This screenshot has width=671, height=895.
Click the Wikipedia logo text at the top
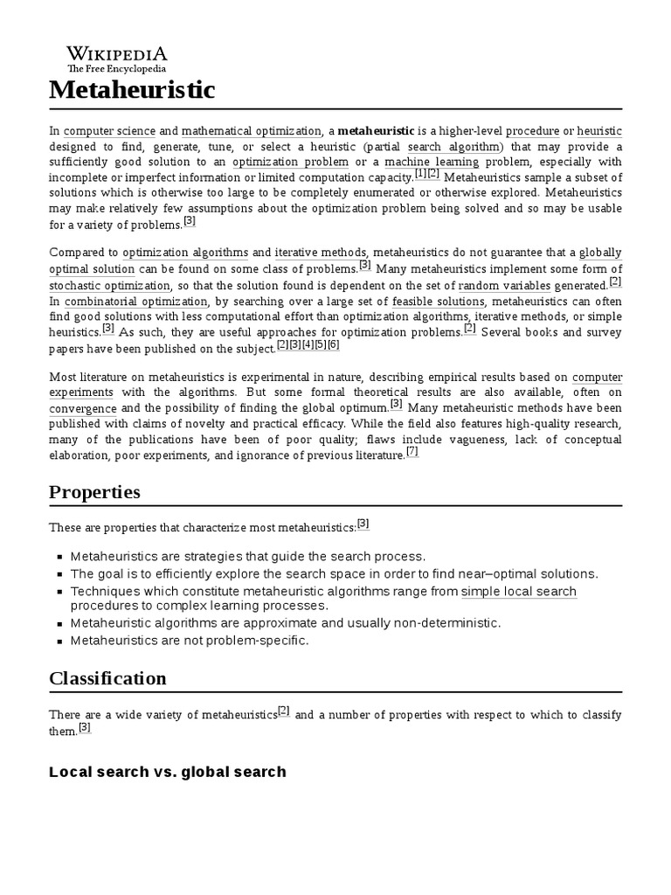pyautogui.click(x=116, y=54)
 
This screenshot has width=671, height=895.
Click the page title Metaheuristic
pyautogui.click(x=132, y=89)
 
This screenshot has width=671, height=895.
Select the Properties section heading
pyautogui.click(x=94, y=492)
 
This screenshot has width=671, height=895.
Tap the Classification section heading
pyautogui.click(x=107, y=678)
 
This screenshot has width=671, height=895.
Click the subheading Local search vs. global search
pyautogui.click(x=168, y=772)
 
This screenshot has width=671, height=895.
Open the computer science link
pyautogui.click(x=109, y=130)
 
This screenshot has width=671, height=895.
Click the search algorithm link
pyautogui.click(x=453, y=146)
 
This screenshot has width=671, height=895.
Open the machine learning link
pyautogui.click(x=432, y=162)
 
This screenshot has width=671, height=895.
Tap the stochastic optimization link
pyautogui.click(x=110, y=285)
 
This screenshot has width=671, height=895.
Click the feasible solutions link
pyautogui.click(x=439, y=301)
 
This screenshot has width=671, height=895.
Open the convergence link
pyautogui.click(x=83, y=408)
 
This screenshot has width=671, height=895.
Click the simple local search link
pyautogui.click(x=519, y=592)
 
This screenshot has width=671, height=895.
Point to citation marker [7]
pyautogui.click(x=412, y=452)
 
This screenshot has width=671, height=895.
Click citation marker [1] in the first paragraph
pyautogui.click(x=420, y=174)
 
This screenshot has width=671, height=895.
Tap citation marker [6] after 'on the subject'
pyautogui.click(x=333, y=344)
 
